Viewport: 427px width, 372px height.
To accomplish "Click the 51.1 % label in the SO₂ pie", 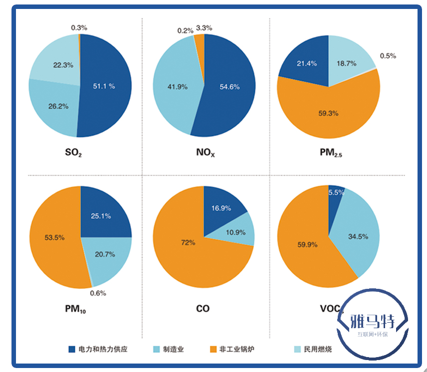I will point(104,86).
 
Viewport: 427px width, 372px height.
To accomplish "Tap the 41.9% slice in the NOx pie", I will point(177,87).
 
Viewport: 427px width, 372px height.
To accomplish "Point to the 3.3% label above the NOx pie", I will point(204,28).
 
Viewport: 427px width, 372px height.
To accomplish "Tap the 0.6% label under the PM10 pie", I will point(98,293).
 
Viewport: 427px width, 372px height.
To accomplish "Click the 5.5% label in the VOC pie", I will point(336,193).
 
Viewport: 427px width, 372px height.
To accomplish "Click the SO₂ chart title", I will point(73,152).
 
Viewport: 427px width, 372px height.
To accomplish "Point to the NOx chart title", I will point(205,152).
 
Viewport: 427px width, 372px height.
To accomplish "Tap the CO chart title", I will point(203,309).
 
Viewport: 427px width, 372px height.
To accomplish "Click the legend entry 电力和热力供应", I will point(103,349).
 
